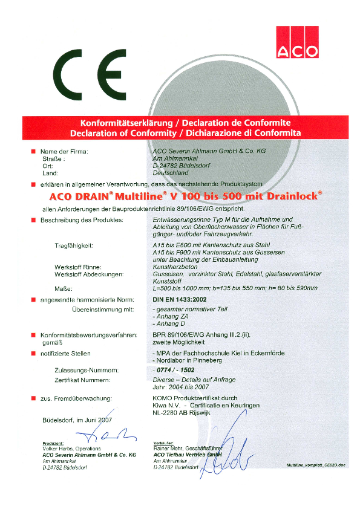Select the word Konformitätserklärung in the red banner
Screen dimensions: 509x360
[117, 122]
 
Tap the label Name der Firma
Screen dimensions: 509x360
[64, 151]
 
